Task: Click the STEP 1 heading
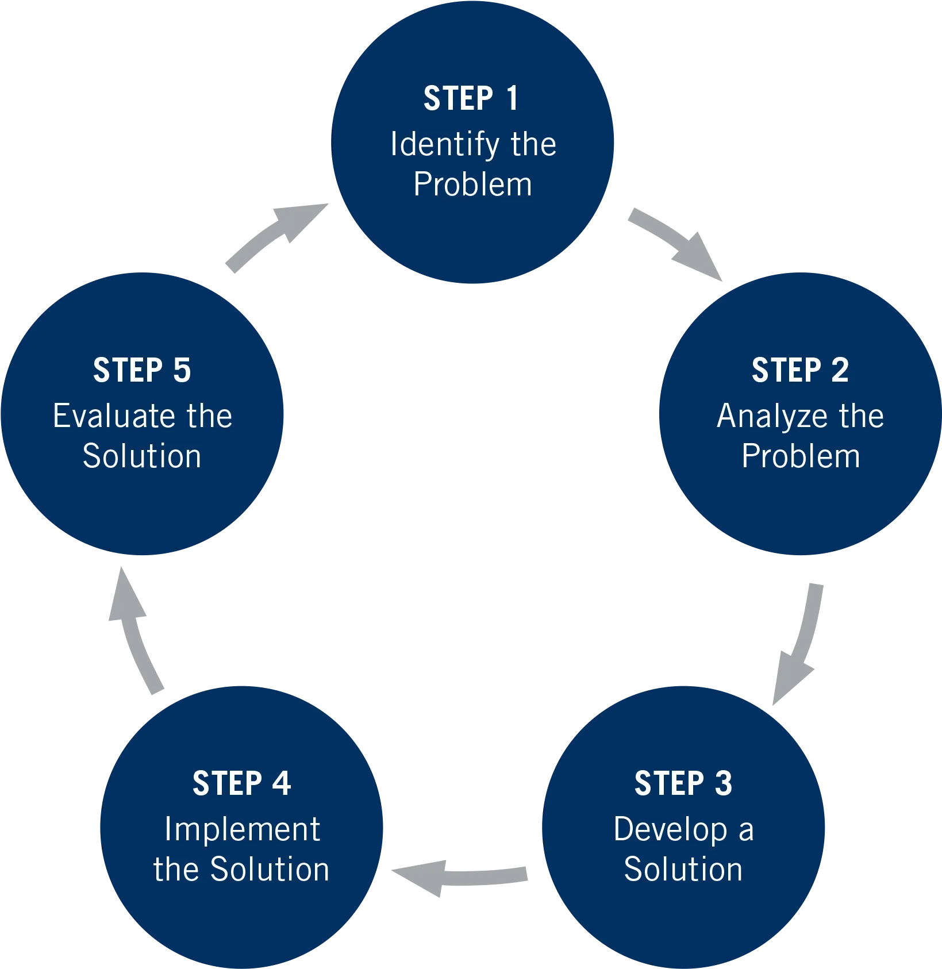tap(471, 98)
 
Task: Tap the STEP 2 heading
tap(800, 370)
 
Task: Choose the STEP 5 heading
tap(142, 370)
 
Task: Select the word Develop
tap(670, 830)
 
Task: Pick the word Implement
tap(242, 829)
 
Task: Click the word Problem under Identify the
tap(472, 185)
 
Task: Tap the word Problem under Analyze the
tap(801, 456)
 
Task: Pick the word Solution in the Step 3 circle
tap(683, 869)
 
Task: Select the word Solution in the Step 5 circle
tap(142, 456)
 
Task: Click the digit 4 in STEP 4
tap(282, 783)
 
